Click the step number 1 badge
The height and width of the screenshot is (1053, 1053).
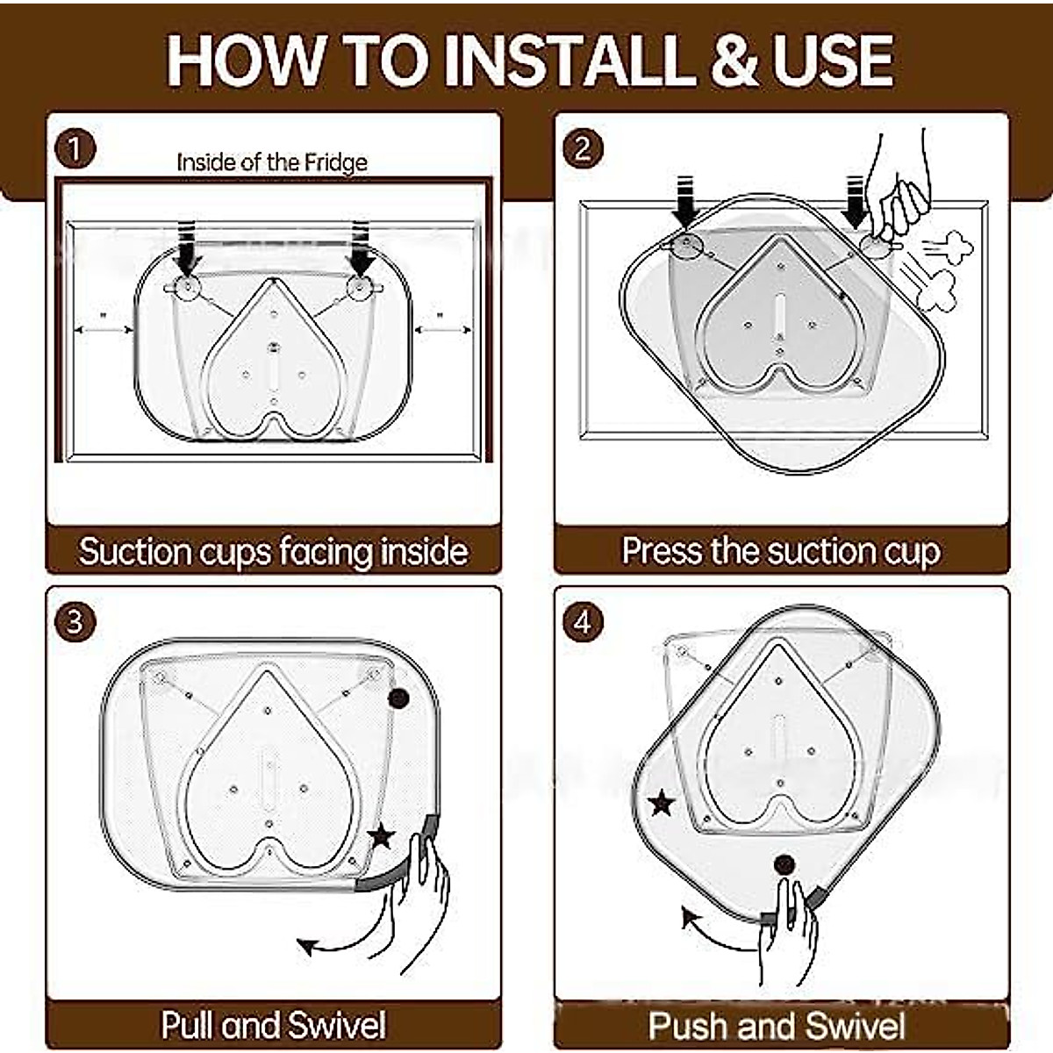tap(75, 149)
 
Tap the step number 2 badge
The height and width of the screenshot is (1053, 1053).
tap(583, 148)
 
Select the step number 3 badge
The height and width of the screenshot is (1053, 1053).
tap(75, 622)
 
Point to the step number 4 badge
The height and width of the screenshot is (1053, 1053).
tap(583, 622)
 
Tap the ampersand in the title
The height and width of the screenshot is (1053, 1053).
tap(734, 61)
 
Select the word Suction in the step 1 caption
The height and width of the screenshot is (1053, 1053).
tap(134, 551)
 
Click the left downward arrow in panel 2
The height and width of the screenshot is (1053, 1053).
tap(684, 201)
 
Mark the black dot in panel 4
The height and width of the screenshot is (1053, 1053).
tap(784, 864)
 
